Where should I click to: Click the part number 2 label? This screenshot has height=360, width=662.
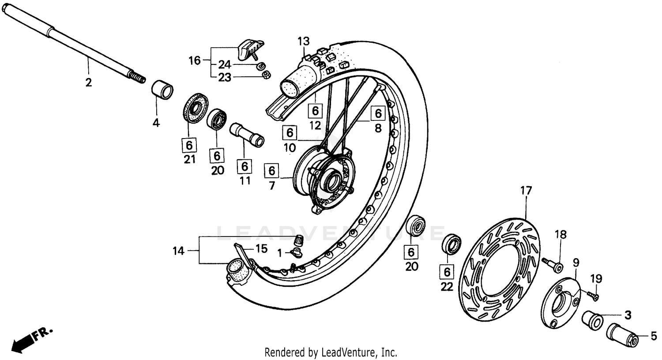89,82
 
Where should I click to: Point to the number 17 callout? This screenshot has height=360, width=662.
526,191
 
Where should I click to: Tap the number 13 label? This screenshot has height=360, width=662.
303,41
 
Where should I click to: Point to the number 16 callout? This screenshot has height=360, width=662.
195,60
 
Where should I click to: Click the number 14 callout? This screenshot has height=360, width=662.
178,251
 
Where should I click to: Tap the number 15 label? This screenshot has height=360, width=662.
261,249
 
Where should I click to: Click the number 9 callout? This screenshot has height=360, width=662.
576,262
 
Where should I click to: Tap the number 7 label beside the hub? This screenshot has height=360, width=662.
272,186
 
